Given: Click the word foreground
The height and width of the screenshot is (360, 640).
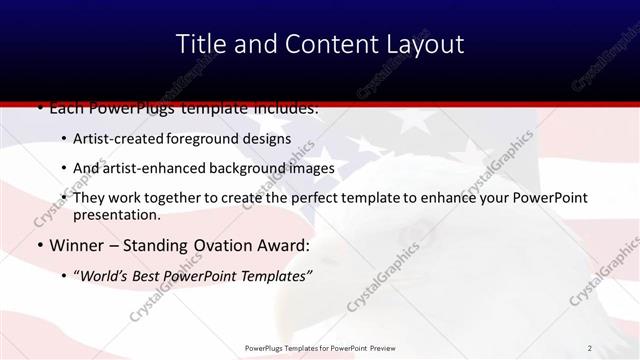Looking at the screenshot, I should tap(211, 139).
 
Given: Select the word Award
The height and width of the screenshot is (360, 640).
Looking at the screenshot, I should tap(287, 245).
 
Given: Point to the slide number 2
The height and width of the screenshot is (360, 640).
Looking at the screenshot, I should tap(590, 348).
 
